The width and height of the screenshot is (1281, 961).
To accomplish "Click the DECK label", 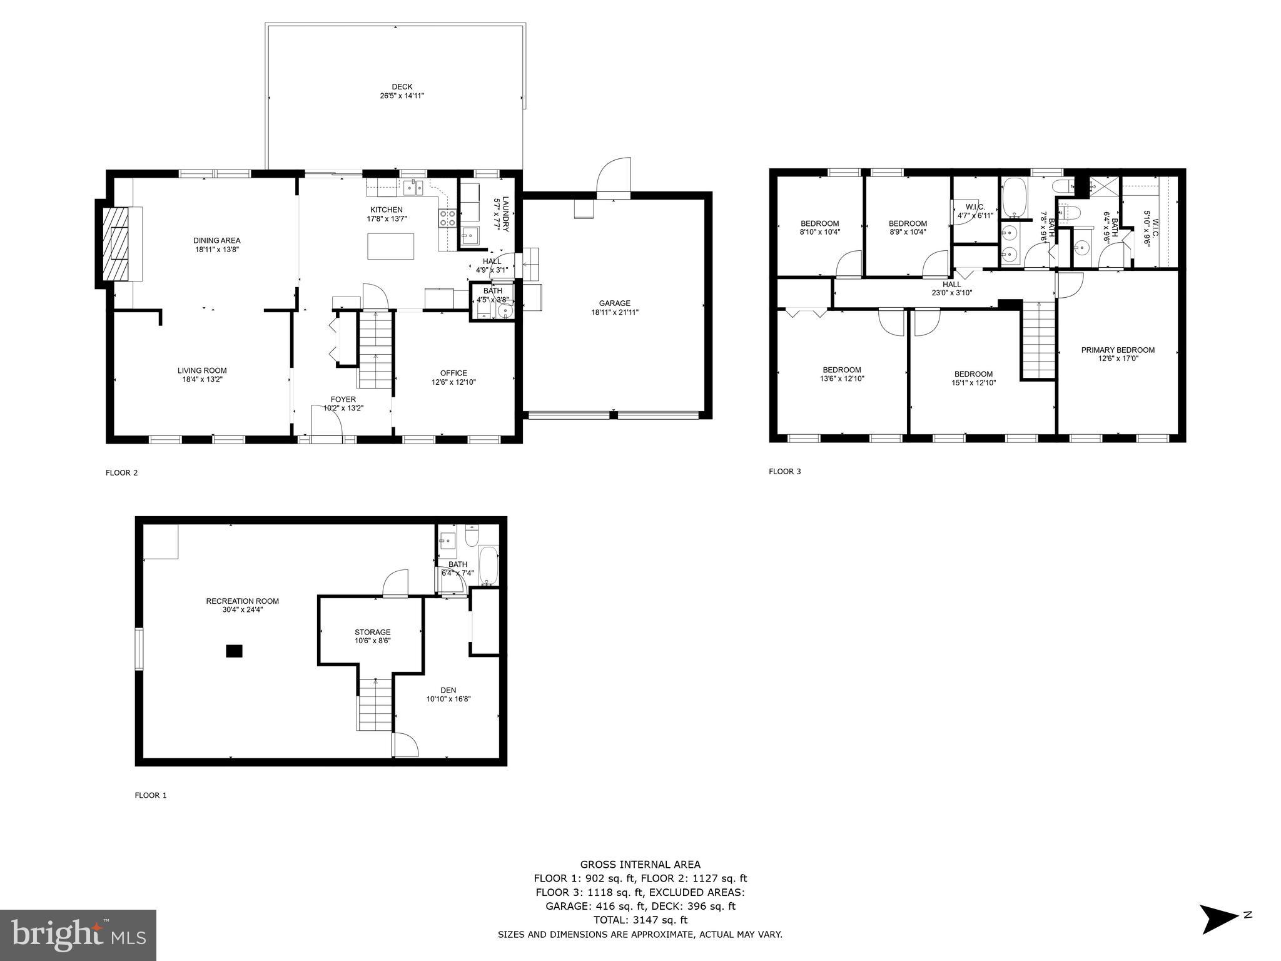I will click(x=402, y=87).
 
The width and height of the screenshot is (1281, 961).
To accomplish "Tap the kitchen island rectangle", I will click(x=390, y=246).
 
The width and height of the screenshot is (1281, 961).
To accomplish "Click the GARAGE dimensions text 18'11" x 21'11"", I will click(x=614, y=312).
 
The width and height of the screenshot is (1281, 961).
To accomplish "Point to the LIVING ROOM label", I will click(x=201, y=370).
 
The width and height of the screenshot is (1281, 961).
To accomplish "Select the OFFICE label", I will click(x=453, y=373).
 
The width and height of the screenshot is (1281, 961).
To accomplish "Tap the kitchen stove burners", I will click(x=448, y=218).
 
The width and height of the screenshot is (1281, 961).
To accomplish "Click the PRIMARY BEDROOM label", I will click(x=1118, y=350).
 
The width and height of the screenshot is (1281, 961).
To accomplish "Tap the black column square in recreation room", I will click(x=234, y=651).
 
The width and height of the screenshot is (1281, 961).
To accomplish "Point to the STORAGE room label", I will click(x=372, y=632).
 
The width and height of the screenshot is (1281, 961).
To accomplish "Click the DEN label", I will click(x=448, y=690).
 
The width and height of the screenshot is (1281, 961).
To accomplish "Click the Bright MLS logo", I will click(x=78, y=935).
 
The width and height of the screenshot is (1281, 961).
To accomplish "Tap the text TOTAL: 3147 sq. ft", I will click(x=640, y=920).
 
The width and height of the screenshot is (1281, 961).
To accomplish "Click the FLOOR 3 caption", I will click(x=784, y=472).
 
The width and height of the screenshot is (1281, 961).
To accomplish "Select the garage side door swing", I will click(x=614, y=178).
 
